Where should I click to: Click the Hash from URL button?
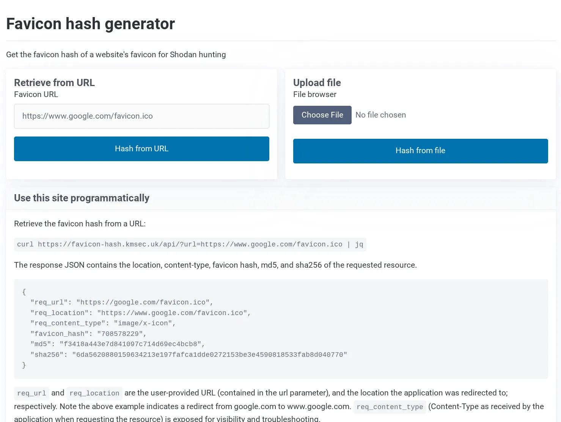point(141,149)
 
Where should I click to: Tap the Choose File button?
point(322,115)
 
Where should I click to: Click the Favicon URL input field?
point(141,116)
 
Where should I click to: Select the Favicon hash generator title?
point(90,24)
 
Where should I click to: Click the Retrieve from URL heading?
point(54,83)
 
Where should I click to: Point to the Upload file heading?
point(317,83)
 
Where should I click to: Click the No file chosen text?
point(380,115)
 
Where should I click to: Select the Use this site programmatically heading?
point(82,198)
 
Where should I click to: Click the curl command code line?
point(190,245)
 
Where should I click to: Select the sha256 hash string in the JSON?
point(209,355)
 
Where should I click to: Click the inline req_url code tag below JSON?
point(31,393)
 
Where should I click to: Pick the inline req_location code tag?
point(94,393)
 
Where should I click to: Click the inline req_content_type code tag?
point(390,407)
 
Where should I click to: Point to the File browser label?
point(314,94)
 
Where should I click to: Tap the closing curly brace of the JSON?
point(24,365)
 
